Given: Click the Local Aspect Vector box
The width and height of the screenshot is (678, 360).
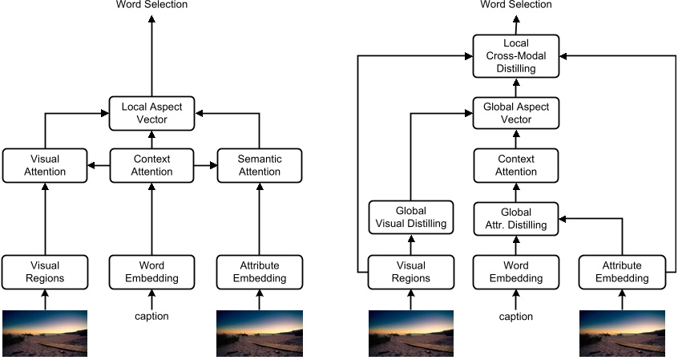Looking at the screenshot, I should pyautogui.click(x=151, y=113).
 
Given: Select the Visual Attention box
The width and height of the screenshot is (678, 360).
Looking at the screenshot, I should pyautogui.click(x=44, y=165).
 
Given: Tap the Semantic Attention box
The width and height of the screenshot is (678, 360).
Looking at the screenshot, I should pyautogui.click(x=259, y=165).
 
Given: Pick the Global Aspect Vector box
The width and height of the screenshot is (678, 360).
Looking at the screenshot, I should pyautogui.click(x=515, y=113).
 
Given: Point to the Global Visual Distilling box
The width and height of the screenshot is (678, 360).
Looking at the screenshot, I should pyautogui.click(x=410, y=217).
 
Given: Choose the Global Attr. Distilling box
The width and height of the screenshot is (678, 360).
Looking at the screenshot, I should pyautogui.click(x=515, y=217).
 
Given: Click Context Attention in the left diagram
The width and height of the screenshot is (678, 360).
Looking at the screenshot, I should pyautogui.click(x=151, y=165).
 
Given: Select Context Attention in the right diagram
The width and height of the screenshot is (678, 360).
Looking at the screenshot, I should pyautogui.click(x=515, y=165).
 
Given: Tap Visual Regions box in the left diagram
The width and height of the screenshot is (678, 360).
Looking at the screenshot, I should pyautogui.click(x=44, y=273).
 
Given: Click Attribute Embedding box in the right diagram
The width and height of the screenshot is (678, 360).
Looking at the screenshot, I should pyautogui.click(x=623, y=273).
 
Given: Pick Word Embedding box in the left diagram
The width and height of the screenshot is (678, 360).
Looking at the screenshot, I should pyautogui.click(x=151, y=273).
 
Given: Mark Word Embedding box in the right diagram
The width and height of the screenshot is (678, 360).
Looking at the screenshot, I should pyautogui.click(x=515, y=273).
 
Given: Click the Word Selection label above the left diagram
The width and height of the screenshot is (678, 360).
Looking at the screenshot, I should pyautogui.click(x=151, y=6).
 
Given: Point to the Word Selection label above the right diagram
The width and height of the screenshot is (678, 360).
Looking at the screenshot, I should pyautogui.click(x=515, y=6).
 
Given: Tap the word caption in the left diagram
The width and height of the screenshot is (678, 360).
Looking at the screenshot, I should pyautogui.click(x=151, y=316).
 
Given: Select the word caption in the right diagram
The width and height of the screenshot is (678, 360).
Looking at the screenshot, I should pyautogui.click(x=515, y=316).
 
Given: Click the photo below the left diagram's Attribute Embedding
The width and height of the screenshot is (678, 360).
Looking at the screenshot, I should pyautogui.click(x=259, y=333).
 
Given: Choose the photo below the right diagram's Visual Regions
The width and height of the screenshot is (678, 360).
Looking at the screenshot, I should pyautogui.click(x=410, y=333).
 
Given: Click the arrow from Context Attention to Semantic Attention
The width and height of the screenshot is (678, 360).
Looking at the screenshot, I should pyautogui.click(x=205, y=165).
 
